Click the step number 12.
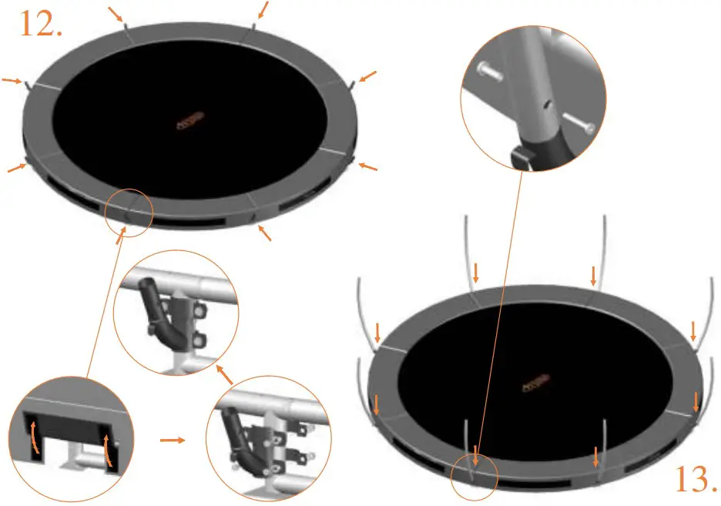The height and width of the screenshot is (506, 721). (41, 24)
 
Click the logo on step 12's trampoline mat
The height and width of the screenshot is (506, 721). (190, 120)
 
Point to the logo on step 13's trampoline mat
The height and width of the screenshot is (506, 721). (536, 383)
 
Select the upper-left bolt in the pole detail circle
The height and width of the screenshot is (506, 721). (490, 71)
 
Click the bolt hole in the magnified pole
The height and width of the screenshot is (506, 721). (546, 106)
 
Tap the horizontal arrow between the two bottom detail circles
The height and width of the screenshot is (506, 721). (173, 441)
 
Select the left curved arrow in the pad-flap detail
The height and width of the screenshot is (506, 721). (34, 438)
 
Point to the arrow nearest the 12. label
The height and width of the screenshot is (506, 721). (116, 14)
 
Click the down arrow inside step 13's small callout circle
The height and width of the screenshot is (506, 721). (475, 455)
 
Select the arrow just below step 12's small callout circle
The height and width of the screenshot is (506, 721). (120, 236)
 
